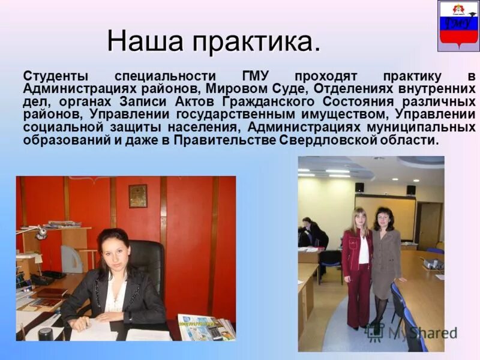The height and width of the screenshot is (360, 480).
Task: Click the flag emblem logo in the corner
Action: (x=458, y=25)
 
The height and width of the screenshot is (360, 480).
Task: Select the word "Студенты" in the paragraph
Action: (x=56, y=77)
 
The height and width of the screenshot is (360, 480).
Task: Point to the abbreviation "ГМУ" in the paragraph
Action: (x=255, y=77)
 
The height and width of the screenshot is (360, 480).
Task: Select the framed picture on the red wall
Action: (x=137, y=196)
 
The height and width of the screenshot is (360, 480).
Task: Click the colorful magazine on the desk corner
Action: (x=207, y=327)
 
